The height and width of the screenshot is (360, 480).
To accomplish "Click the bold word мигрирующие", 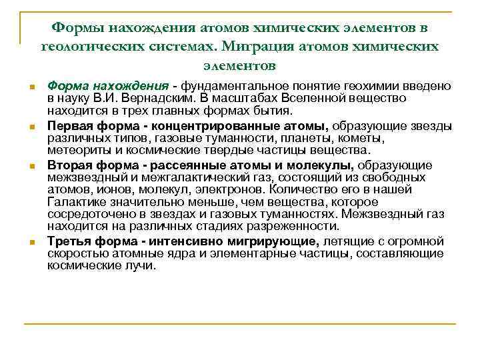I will tap(281, 241).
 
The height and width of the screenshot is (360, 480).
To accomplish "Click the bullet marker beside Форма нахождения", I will tap(31, 88).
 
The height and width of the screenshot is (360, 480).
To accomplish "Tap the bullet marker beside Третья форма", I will tap(31, 243).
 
